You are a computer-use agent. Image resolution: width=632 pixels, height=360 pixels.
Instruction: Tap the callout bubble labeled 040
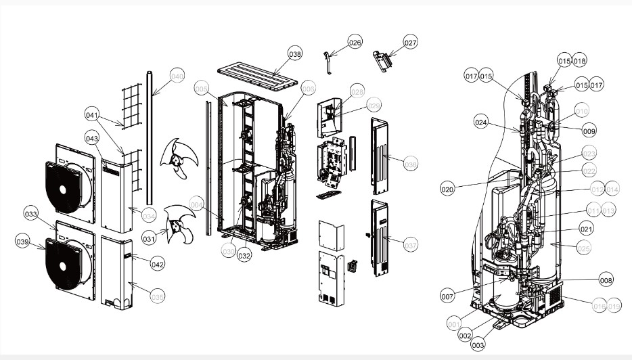click(177, 76)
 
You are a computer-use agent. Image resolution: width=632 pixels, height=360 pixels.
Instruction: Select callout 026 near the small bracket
click(355, 42)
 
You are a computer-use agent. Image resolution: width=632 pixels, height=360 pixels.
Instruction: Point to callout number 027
click(410, 42)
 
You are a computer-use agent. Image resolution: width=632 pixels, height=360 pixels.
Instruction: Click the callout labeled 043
click(92, 139)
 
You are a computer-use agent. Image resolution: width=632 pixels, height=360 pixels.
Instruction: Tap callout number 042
click(157, 265)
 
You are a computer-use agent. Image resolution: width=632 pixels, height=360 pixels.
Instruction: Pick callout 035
click(157, 296)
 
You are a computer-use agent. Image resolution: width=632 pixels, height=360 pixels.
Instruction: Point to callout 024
click(481, 123)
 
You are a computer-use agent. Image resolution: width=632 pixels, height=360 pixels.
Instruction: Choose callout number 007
click(447, 296)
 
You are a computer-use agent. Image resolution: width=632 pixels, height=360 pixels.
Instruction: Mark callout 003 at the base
click(478, 345)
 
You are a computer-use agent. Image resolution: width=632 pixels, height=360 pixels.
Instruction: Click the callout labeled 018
click(580, 60)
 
